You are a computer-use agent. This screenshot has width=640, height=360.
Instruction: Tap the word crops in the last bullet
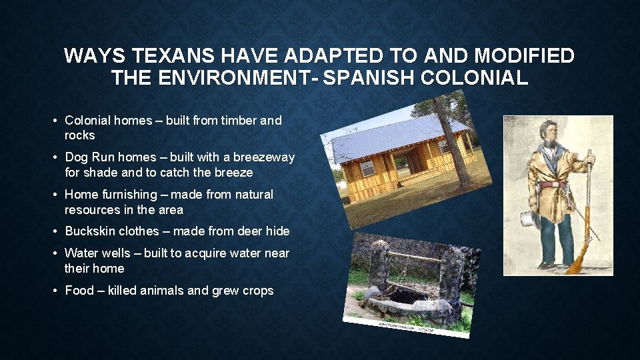click(x=257, y=291)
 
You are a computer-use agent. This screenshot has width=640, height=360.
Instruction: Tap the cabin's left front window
click(x=367, y=167)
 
